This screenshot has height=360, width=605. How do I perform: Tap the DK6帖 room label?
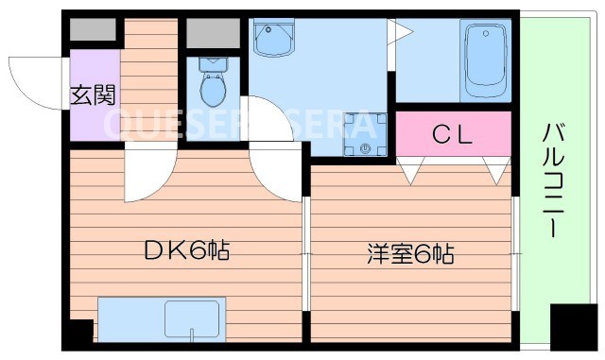pyautogui.click(x=187, y=252)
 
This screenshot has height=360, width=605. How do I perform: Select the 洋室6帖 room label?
pyautogui.click(x=409, y=254)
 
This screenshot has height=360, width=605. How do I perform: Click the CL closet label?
pyautogui.click(x=451, y=135)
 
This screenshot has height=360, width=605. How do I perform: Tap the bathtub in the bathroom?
pyautogui.click(x=485, y=60)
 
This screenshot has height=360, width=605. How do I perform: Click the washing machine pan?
pyautogui.click(x=364, y=132)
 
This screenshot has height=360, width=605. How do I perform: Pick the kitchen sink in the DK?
pyautogui.click(x=194, y=318)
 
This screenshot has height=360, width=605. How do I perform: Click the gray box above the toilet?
pyautogui.click(x=213, y=33)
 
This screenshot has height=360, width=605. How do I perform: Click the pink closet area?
pyautogui.click(x=453, y=136)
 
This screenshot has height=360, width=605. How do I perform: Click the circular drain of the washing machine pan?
pyautogui.click(x=365, y=147)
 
